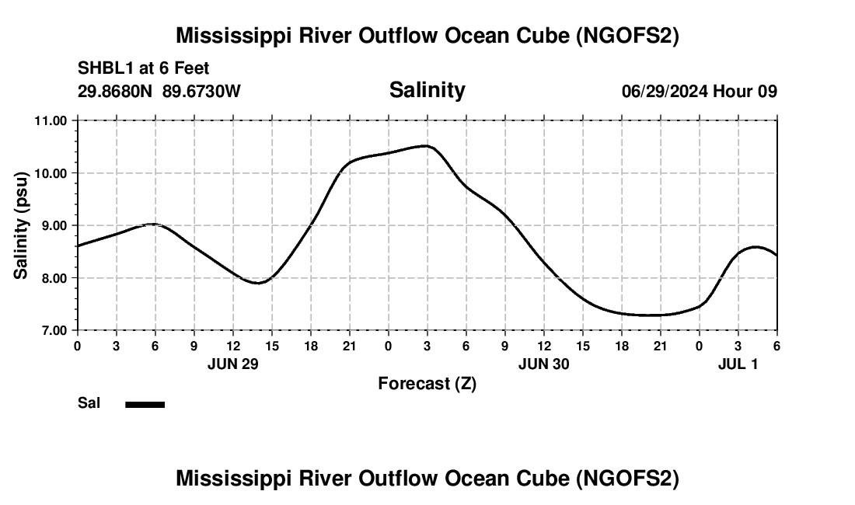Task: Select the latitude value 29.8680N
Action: point(117,91)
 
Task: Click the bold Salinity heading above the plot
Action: point(427,90)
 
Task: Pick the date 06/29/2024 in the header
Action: point(665,91)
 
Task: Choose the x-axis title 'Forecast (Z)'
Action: point(427,383)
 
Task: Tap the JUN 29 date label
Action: point(233,363)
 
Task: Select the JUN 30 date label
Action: point(544,363)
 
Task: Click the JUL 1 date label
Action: point(738,363)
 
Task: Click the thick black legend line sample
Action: point(145,404)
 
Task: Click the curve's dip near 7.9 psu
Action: point(259,283)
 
